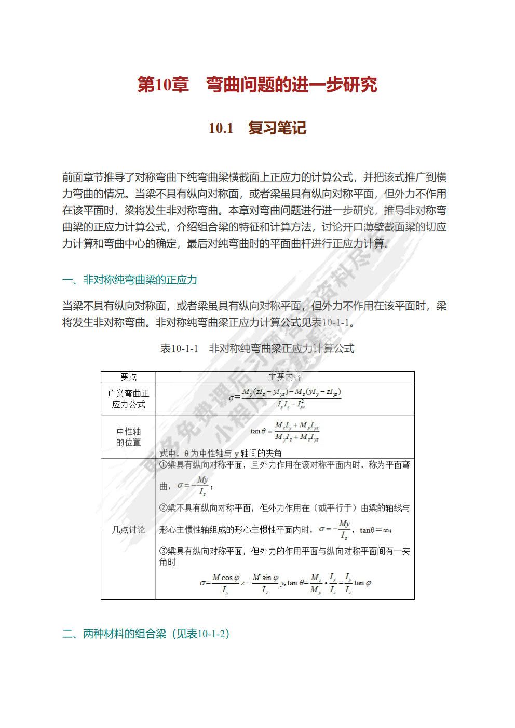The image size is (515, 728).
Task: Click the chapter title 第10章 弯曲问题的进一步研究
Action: point(257,85)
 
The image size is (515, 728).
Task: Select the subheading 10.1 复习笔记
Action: point(257,128)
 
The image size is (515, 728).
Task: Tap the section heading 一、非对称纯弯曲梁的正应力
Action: point(130,280)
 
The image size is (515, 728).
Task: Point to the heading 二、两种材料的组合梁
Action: point(145,634)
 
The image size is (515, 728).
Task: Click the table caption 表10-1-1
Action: point(180,349)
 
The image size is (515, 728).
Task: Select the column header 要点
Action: point(128,377)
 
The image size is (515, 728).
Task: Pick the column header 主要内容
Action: point(284,377)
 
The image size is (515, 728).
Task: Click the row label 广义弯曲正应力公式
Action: point(128,399)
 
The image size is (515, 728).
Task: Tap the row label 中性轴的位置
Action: point(128,437)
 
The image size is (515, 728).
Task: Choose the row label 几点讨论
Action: point(128,530)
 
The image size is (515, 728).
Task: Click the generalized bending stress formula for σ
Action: point(284,398)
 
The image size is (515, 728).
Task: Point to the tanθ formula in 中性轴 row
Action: point(284,431)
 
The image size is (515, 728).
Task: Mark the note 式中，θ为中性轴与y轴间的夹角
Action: point(221,453)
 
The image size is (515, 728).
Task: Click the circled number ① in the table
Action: point(162,465)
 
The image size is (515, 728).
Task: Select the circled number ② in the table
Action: point(162,508)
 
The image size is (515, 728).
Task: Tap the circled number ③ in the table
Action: point(162,551)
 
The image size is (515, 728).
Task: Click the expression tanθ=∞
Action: point(375,530)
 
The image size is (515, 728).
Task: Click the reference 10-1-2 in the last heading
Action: point(212,634)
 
